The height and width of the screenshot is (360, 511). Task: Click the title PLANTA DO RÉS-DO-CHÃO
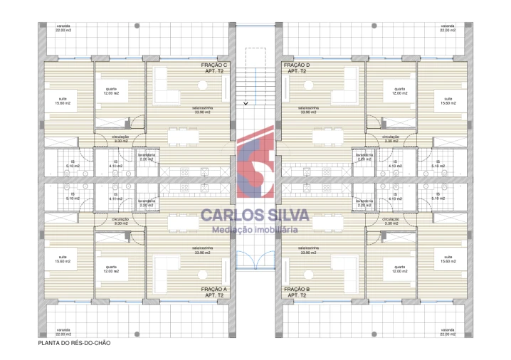coord(74,342)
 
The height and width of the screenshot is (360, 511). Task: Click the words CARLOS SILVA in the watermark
coord(255,214)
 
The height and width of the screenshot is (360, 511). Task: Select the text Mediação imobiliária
coord(255,229)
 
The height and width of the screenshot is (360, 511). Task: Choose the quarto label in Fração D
coord(399,91)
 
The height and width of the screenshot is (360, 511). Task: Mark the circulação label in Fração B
coord(391,221)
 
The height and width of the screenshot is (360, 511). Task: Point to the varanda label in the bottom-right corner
coord(447,332)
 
